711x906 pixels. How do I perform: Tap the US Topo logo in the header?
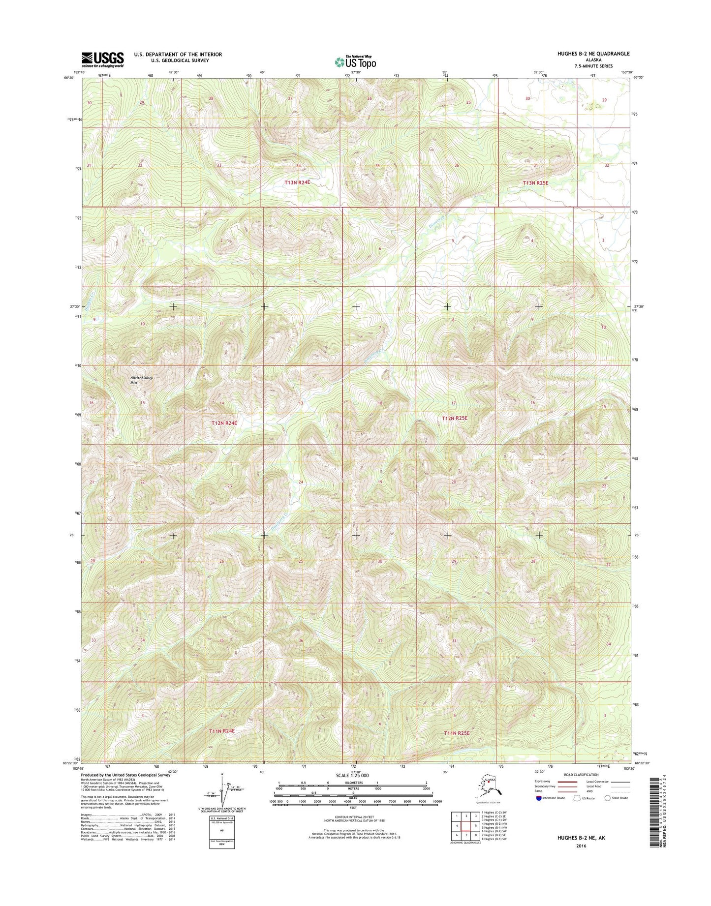click(x=355, y=62)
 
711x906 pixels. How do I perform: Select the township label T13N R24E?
click(x=297, y=182)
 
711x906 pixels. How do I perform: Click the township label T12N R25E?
click(x=454, y=418)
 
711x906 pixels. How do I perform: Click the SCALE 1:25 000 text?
click(x=352, y=775)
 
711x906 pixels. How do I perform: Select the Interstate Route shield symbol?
click(x=539, y=798)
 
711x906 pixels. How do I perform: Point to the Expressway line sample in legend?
click(x=566, y=782)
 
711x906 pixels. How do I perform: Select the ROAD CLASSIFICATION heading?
click(x=582, y=775)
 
